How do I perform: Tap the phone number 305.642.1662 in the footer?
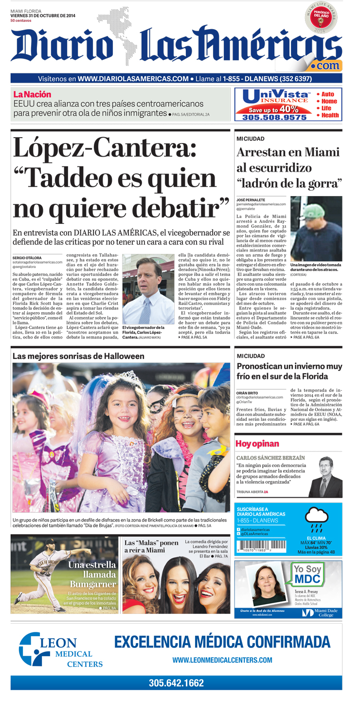[176, 683]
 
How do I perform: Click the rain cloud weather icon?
[316, 517]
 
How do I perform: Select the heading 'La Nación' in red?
[32, 94]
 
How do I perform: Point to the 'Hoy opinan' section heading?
[257, 443]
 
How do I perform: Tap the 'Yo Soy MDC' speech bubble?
[308, 574]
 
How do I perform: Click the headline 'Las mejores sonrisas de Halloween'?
[78, 356]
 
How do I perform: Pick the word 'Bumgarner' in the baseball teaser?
[92, 584]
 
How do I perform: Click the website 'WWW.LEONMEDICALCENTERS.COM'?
[222, 660]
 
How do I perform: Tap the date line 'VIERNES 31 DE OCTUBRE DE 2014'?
[42, 16]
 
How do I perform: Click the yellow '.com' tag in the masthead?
[327, 65]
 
